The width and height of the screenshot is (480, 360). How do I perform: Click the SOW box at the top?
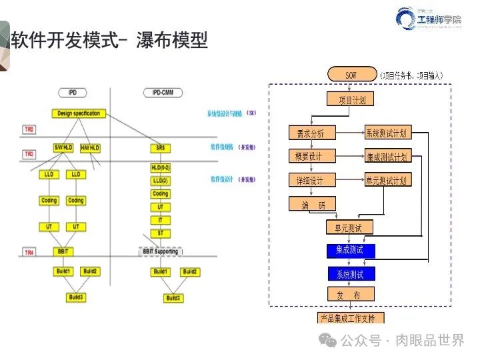(351, 74)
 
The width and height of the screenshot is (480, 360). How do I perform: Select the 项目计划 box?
(351, 99)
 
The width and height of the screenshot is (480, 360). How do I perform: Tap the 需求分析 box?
(311, 133)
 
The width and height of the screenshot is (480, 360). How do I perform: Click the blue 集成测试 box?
(351, 251)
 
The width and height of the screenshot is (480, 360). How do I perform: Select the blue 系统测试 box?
(351, 274)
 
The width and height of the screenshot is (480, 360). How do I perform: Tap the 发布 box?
(351, 294)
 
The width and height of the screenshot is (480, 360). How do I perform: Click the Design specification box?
(79, 113)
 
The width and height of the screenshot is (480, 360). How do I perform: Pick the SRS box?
(160, 147)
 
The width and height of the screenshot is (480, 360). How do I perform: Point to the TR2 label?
(30, 129)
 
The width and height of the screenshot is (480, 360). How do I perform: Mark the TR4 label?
(30, 253)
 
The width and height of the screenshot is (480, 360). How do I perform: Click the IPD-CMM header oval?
(160, 92)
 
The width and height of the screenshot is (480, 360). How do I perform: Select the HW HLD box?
(90, 147)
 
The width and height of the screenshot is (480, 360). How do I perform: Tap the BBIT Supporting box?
(160, 251)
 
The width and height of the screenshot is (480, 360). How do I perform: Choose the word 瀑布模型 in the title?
(172, 41)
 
